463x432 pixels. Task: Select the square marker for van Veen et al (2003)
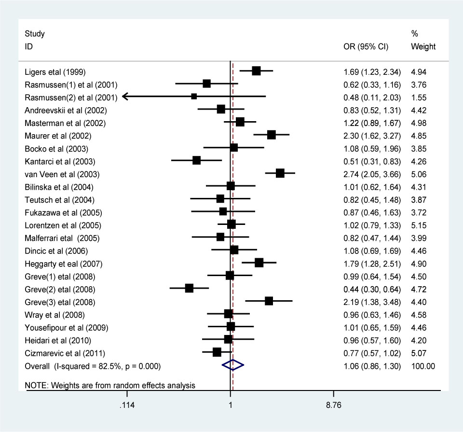[x=280, y=173]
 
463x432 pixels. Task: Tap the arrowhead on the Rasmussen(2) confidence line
[x=125, y=97]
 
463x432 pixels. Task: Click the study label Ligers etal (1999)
[x=55, y=72]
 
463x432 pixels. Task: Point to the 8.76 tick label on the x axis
[x=333, y=405]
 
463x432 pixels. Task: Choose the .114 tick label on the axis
[x=127, y=405]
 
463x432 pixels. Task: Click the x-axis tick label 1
[x=230, y=405]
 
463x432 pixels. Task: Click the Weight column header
[x=423, y=47]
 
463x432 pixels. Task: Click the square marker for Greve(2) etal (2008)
[x=189, y=288]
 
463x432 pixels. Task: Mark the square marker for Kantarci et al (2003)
[x=196, y=160]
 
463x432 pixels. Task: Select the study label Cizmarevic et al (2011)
[x=65, y=353]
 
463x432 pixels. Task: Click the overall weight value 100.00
[x=423, y=366]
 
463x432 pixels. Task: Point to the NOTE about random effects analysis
[x=110, y=385]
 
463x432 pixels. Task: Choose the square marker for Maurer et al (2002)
[x=271, y=135]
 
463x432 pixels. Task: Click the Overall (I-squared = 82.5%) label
[x=92, y=366]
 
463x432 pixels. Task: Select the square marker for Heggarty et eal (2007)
[x=259, y=263]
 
